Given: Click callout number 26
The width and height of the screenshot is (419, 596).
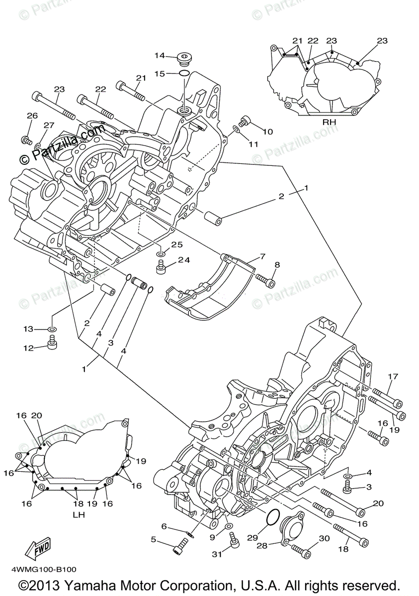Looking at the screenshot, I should [x=32, y=116].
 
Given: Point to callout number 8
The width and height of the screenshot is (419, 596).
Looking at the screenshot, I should [x=277, y=265].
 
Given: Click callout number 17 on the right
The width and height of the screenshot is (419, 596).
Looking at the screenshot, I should [x=393, y=377].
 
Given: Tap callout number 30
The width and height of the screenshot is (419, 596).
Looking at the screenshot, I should [x=324, y=538].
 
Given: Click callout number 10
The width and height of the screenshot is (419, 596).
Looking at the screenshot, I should [x=268, y=132].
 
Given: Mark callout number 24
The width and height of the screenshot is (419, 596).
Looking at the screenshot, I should [x=184, y=260].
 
